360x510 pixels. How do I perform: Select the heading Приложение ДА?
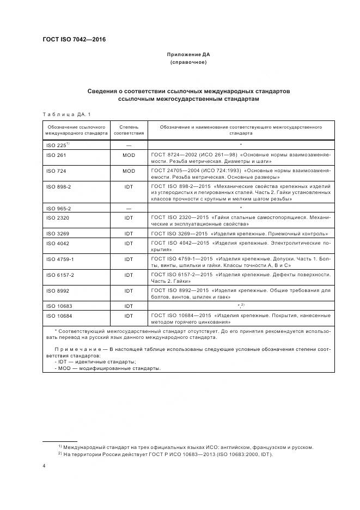click(188, 55)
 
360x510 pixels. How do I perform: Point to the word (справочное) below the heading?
click(188, 63)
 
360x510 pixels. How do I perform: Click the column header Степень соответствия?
click(129, 130)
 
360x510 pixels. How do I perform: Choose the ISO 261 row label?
click(57, 155)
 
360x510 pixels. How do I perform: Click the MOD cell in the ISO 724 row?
click(129, 171)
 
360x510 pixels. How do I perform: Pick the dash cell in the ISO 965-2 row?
click(129, 208)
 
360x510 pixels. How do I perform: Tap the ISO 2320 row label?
click(58, 218)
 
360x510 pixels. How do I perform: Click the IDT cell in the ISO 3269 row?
click(129, 233)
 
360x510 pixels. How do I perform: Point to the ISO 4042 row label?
click(58, 243)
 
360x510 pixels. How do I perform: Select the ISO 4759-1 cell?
click(61, 259)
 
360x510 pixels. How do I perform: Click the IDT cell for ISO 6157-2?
click(129, 275)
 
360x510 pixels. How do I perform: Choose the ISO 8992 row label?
click(58, 291)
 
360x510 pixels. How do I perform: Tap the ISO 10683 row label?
click(59, 307)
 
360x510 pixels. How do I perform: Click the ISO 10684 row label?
click(59, 316)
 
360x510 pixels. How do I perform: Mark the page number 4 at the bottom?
click(44, 466)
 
